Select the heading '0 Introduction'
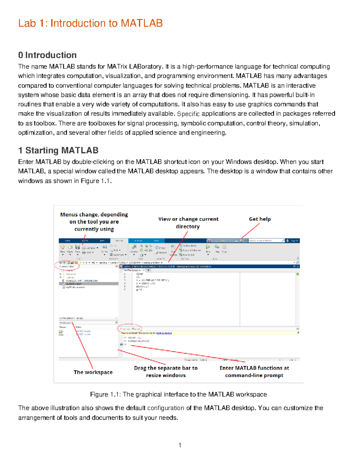point(47,55)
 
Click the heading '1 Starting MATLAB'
point(58,150)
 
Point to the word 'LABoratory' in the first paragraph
point(146,67)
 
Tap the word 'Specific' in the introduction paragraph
point(188,114)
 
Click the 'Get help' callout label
point(260,219)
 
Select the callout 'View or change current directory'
point(188,223)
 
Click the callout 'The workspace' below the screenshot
point(93,372)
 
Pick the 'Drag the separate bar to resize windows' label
point(166,371)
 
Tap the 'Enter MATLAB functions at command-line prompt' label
point(254,371)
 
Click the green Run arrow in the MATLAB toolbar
point(208,247)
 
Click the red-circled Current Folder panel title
point(67,266)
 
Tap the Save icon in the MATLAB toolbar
point(77,247)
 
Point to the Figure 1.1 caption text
point(178,394)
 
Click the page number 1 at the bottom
point(180,445)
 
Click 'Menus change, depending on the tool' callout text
point(94,222)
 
